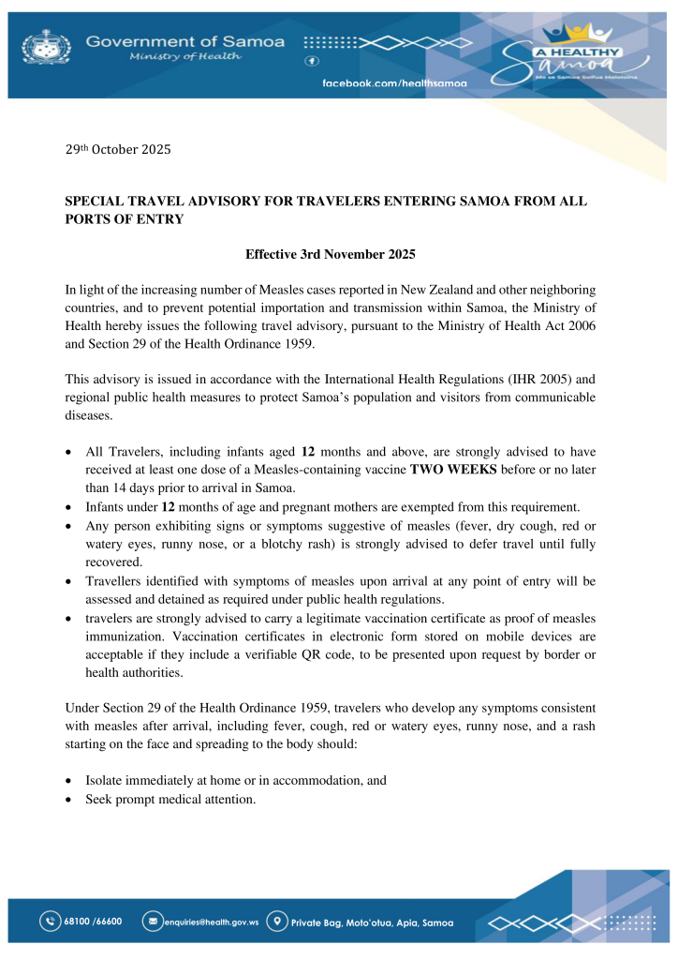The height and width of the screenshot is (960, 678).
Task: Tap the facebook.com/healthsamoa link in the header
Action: [394, 83]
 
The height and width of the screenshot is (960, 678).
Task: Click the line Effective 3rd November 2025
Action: [330, 255]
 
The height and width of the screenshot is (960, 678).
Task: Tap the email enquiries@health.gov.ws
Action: [211, 922]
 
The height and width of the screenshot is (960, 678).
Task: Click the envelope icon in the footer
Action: [151, 922]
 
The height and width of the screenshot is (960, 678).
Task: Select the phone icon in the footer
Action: [51, 922]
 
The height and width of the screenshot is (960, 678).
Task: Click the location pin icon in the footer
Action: [277, 922]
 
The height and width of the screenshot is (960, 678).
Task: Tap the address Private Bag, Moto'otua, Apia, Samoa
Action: [373, 922]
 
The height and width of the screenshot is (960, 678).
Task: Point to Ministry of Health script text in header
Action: [184, 57]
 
